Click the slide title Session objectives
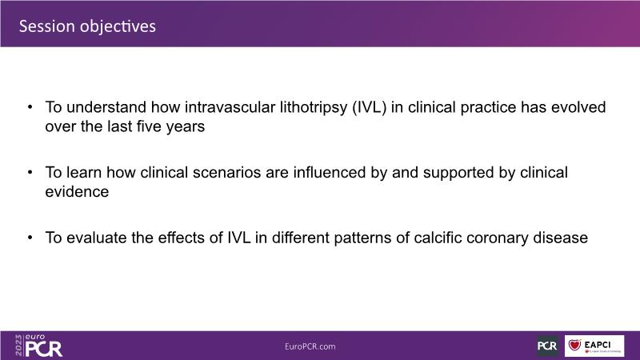pos(87,26)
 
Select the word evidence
pos(77,192)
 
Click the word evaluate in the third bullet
pos(96,238)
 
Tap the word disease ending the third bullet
pos(561,238)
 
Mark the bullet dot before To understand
pos(30,107)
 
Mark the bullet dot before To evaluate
pos(30,238)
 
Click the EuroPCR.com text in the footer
pos(310,346)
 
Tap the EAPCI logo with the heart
pos(594,346)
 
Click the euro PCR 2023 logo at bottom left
pos(38,346)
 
